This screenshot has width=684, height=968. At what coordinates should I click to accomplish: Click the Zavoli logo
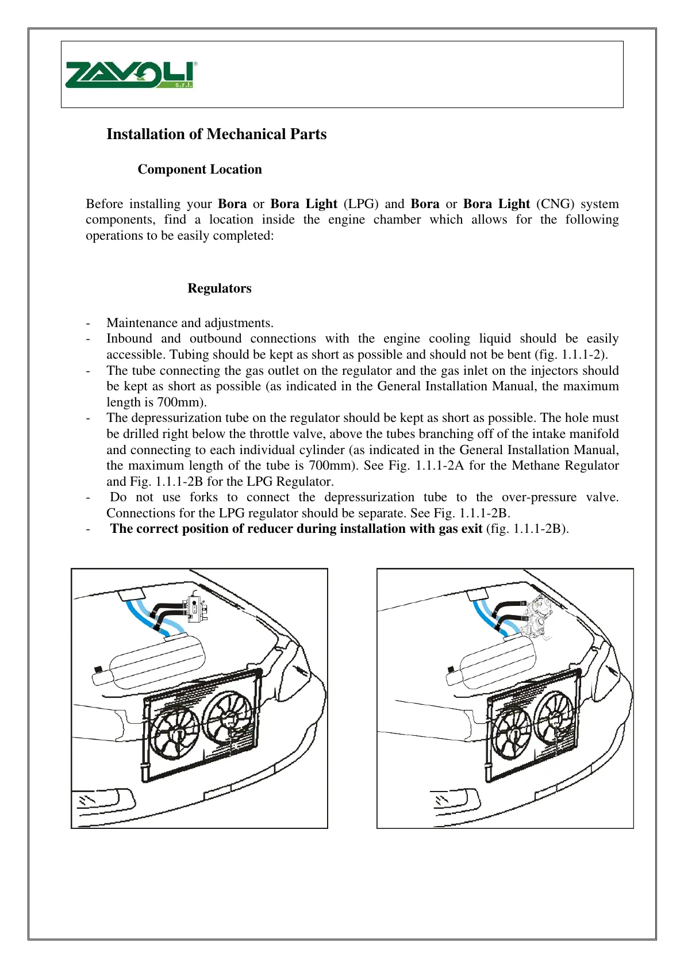click(131, 75)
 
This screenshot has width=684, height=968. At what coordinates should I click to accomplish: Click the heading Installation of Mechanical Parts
click(216, 134)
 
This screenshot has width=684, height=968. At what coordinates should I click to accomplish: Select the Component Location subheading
click(199, 169)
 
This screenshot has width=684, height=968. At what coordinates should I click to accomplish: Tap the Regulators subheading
click(219, 288)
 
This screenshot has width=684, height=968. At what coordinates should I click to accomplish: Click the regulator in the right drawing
click(539, 616)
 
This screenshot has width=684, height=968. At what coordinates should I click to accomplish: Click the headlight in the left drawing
click(103, 800)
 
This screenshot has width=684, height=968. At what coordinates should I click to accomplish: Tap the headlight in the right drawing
click(454, 799)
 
